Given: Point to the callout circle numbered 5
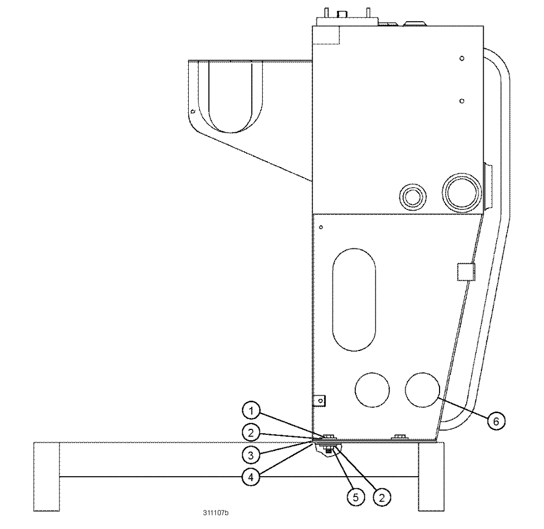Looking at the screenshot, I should [355, 496].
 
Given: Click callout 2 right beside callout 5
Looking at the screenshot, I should [382, 496].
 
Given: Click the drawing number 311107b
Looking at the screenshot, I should [216, 513].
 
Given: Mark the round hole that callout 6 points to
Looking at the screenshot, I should [423, 389].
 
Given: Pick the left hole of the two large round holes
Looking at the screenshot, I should [372, 389].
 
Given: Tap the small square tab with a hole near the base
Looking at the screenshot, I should [320, 401].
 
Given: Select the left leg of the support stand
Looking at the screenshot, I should [46, 476].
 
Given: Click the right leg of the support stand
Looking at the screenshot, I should [431, 476].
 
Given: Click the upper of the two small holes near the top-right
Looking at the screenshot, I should [461, 58].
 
